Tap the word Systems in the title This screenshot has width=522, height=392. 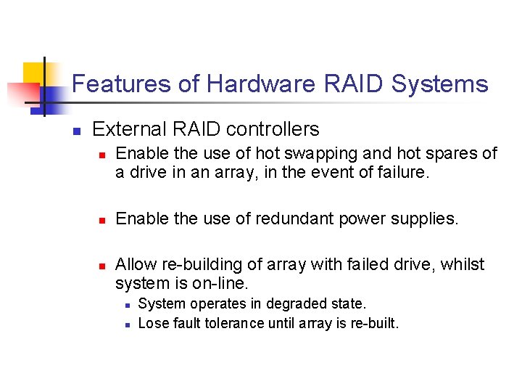439,84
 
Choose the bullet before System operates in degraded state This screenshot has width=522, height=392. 126,305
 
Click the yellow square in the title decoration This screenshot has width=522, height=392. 34,74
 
